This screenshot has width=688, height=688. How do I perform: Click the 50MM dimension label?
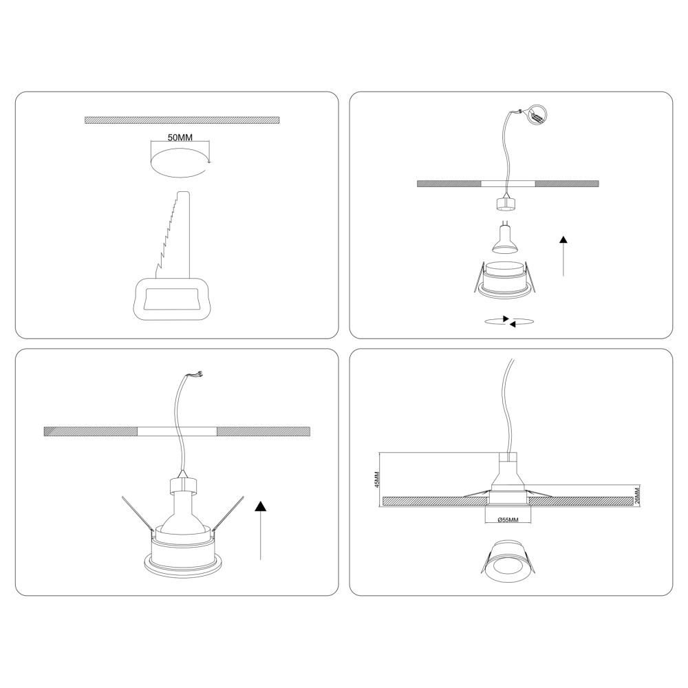[180, 138]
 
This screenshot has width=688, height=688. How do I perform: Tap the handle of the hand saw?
[171, 299]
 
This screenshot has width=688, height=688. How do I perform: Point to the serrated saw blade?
[173, 235]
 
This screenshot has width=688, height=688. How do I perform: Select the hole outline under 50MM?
[180, 163]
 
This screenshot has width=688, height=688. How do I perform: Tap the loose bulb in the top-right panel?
[506, 240]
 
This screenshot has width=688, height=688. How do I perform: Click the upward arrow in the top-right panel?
[563, 256]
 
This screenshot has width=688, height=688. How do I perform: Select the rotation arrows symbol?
[509, 321]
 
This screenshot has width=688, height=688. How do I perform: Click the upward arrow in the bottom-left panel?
[261, 530]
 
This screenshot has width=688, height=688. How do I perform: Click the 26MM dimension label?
[637, 495]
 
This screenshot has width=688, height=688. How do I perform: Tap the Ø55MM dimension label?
[508, 520]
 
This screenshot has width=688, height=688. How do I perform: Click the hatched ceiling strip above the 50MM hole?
[182, 120]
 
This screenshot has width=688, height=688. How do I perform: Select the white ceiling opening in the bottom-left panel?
[177, 431]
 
